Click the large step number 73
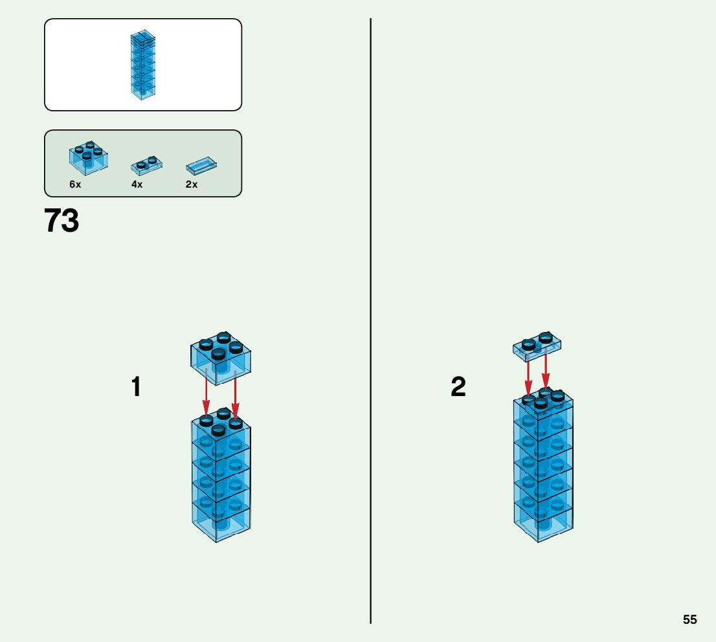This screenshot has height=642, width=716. (62, 221)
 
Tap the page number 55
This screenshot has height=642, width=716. (689, 619)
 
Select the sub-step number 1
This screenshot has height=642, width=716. (136, 387)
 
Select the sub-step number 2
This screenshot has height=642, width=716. (458, 387)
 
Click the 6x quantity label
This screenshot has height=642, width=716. (75, 184)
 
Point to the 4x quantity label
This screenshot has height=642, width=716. (137, 184)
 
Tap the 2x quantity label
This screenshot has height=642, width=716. (192, 184)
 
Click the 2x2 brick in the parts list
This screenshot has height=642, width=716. (88, 157)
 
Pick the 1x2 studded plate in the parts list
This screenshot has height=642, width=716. (147, 165)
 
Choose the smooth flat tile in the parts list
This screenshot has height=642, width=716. (201, 165)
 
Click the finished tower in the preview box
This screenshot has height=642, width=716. (143, 65)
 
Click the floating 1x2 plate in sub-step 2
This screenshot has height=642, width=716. (537, 346)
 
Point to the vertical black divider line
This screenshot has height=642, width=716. (371, 324)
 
